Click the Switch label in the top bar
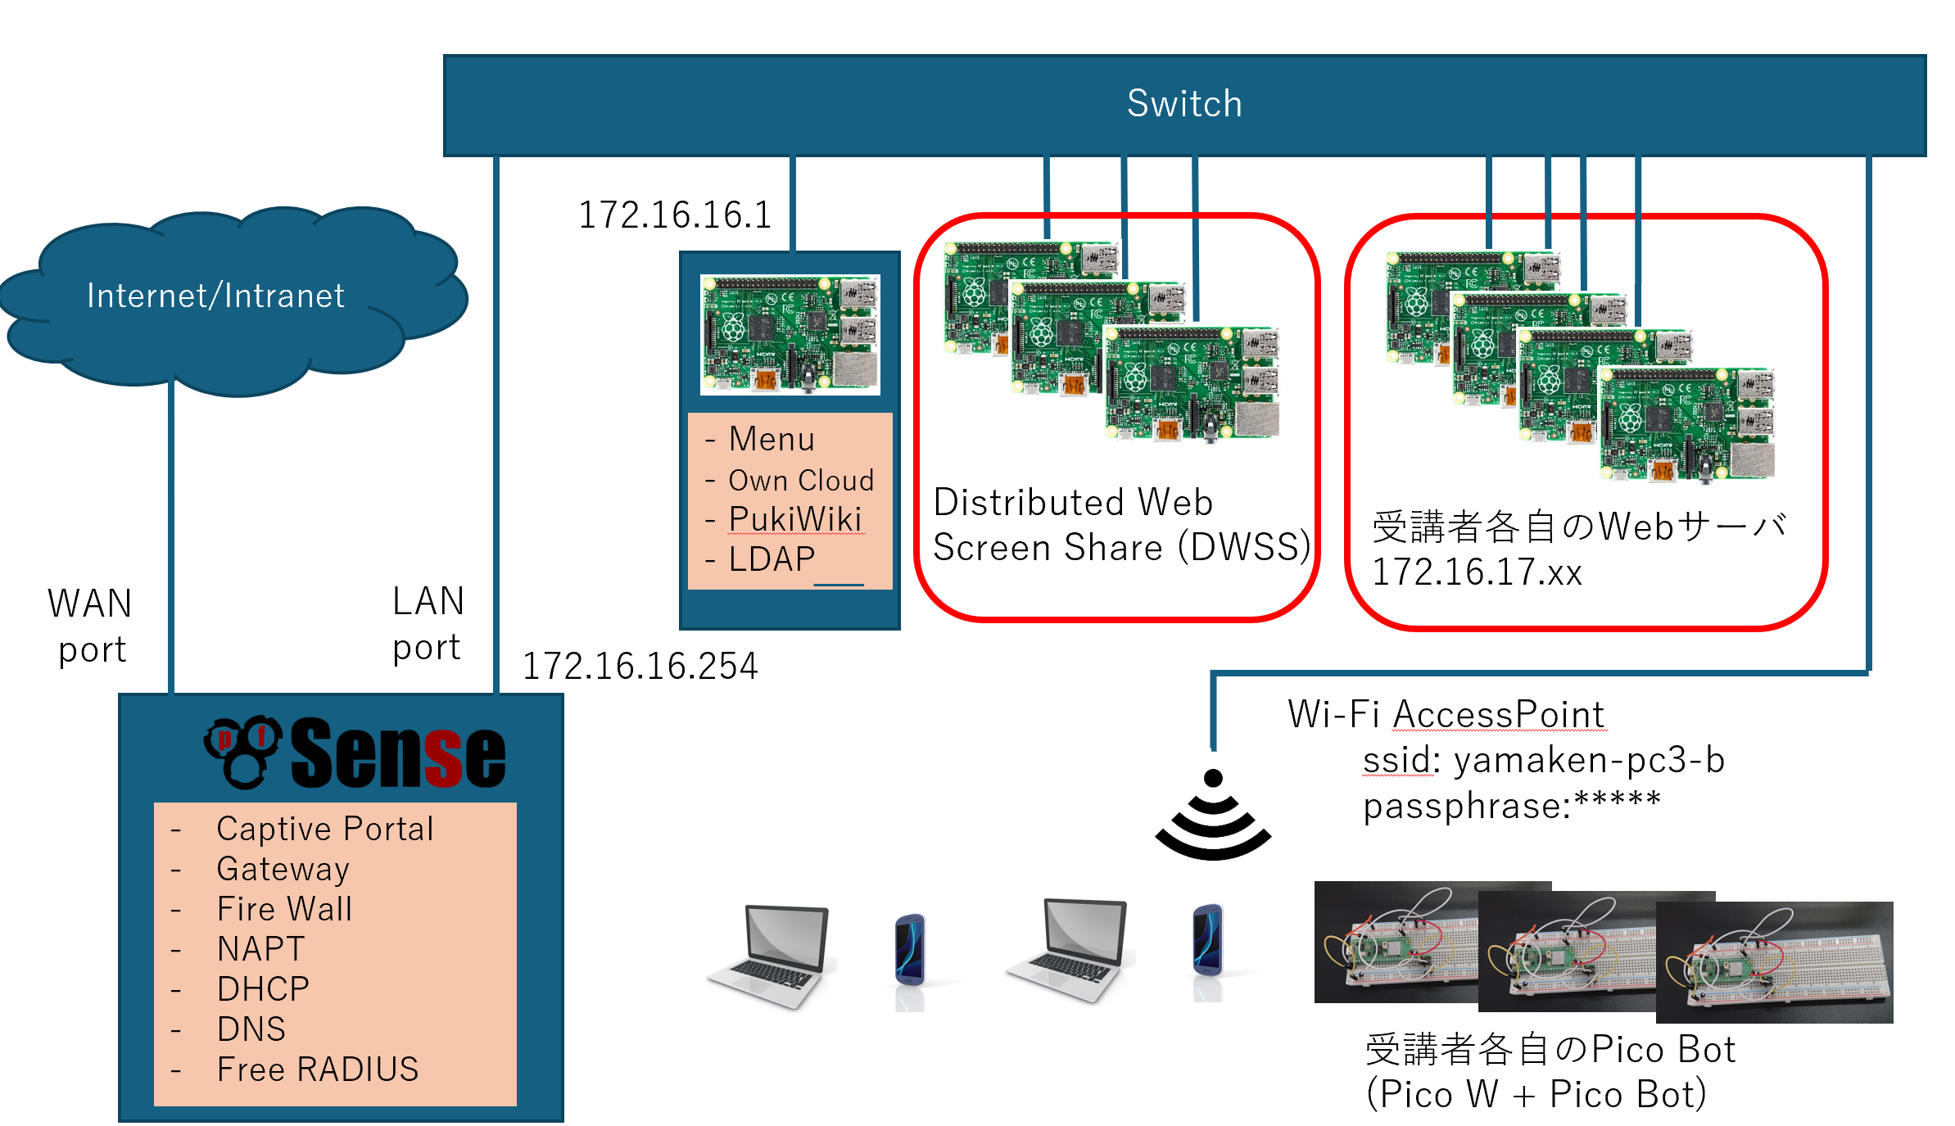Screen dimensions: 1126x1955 pos(1183,104)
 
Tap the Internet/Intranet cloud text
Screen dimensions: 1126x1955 pos(215,296)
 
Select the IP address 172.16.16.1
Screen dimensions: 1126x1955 pos(675,215)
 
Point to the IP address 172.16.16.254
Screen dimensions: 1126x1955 pos(640,666)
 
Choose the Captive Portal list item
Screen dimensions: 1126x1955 pos(324,829)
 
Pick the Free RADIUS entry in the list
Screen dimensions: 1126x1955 pos(317,1069)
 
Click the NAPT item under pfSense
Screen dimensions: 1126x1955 pos(260,949)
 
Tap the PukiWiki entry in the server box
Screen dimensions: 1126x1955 pos(794,519)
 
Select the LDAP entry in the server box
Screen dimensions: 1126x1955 pos(772,559)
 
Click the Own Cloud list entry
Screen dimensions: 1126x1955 pos(800,481)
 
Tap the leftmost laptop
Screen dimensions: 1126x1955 pos(770,955)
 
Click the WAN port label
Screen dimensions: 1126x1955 pos(90,626)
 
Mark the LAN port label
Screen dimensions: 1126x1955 pos(428,624)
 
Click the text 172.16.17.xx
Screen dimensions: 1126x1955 pos(1476,572)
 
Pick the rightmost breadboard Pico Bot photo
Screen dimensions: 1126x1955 pos(1774,961)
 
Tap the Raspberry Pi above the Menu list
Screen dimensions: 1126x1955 pos(790,334)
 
